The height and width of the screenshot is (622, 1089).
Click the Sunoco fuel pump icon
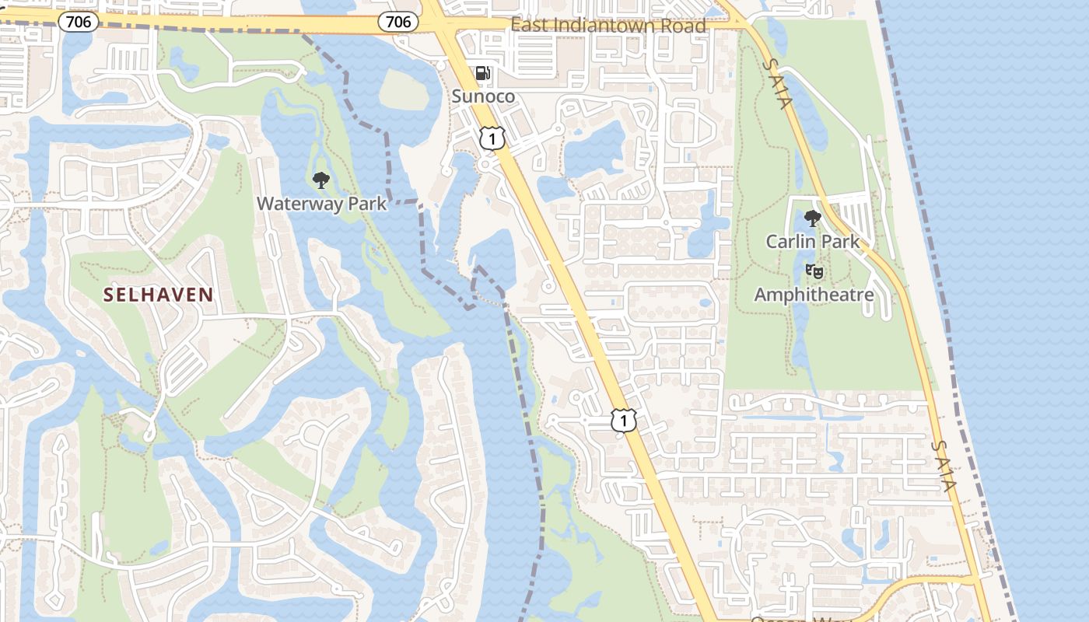pos(483,73)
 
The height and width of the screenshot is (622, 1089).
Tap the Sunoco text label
pos(483,96)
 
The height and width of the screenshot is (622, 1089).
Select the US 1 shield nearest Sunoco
pos(492,138)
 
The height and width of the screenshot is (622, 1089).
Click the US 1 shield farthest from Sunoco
pos(623,421)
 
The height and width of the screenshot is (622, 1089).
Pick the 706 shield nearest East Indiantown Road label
pos(398,22)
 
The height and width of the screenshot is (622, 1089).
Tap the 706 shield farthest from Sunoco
pos(79,22)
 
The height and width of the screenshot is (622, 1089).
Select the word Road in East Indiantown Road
pos(685,26)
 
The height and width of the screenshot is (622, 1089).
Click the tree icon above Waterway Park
pos(320,181)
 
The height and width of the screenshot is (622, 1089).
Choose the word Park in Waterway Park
pos(368,204)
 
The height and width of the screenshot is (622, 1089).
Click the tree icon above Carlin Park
pos(813,218)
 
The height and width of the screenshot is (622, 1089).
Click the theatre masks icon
pos(814,271)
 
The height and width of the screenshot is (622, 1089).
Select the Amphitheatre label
pos(814,295)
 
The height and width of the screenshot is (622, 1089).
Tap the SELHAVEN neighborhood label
pos(159,294)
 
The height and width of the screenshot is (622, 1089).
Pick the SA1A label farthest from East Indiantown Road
pos(942,466)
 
